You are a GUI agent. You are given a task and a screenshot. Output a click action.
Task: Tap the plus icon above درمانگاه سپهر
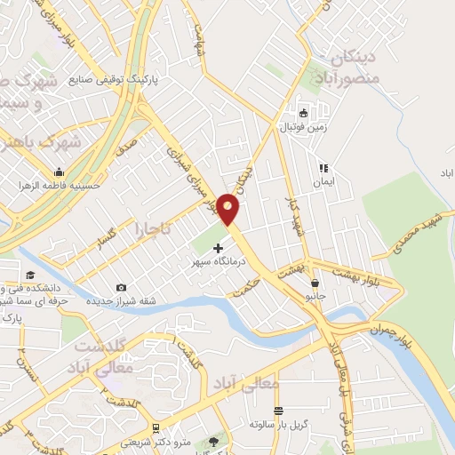coord(219,249)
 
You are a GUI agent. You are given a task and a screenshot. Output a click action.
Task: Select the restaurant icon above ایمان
coord(324,167)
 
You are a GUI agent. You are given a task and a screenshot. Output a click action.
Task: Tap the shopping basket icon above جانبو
coord(315,283)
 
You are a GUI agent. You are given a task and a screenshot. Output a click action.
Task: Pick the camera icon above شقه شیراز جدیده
coord(121,287)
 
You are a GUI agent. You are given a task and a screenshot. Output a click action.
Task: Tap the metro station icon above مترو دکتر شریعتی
coord(156,427)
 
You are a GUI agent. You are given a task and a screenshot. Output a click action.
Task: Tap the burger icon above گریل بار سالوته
coord(279,411)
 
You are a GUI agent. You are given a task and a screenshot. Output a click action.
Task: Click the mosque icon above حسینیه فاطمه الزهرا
coord(59,172)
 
